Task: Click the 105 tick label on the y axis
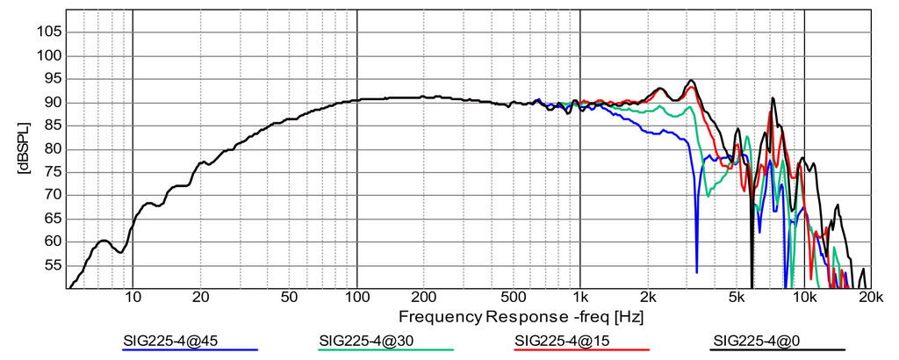[x=49, y=32]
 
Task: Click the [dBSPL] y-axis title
[x=23, y=149]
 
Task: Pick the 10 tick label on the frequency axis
[x=133, y=298]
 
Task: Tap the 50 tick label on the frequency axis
[x=290, y=298]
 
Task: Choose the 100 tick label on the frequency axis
[x=356, y=298]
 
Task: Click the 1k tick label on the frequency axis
[x=580, y=298]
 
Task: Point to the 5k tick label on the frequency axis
[x=737, y=298]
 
